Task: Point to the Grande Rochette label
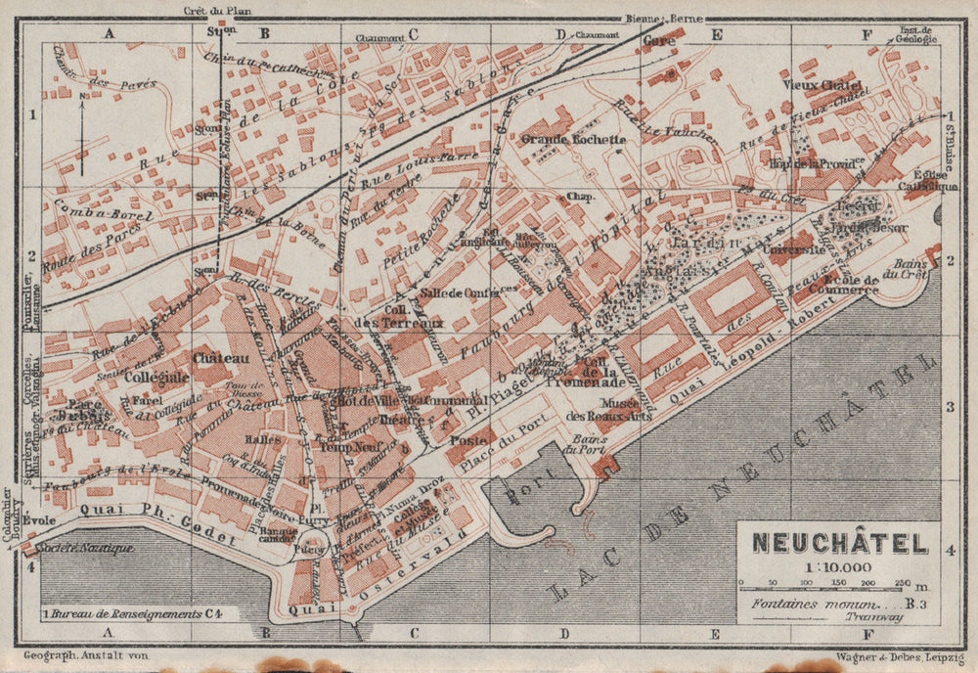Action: pos(572,139)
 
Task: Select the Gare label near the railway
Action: pos(662,43)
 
